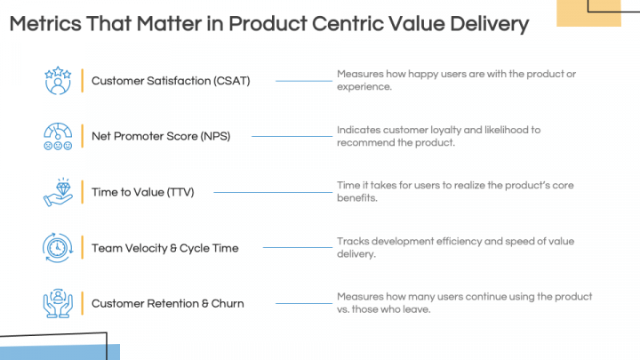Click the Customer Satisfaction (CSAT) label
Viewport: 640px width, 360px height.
[171, 81]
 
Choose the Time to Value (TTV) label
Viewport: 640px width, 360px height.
[142, 192]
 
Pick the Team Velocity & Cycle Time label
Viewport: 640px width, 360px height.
[164, 248]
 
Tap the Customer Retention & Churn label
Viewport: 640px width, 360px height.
[167, 304]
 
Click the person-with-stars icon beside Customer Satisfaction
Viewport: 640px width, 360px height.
[58, 80]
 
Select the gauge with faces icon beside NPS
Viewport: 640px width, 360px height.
[58, 136]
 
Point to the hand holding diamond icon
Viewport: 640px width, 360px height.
[58, 192]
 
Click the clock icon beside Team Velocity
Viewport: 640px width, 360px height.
[58, 247]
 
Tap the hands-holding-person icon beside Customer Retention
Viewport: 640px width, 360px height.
[58, 303]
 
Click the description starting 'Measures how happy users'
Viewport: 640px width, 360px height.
[456, 80]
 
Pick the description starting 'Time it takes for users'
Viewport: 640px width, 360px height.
[455, 191]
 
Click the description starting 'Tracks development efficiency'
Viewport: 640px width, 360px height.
[456, 247]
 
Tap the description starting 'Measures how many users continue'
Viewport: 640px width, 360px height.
[464, 302]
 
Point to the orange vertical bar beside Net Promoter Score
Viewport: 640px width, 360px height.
[82, 136]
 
